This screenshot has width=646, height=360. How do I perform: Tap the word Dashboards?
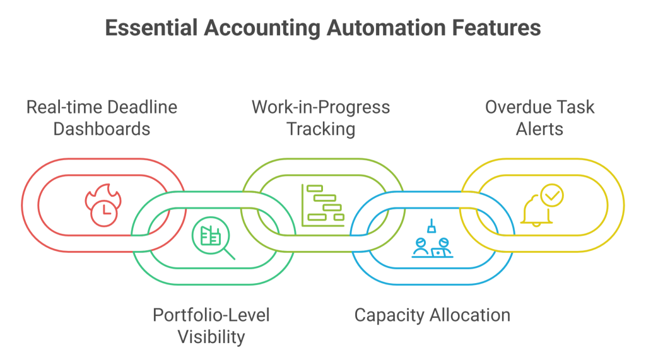coord(102,129)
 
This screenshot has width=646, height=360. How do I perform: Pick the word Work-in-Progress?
coord(320,107)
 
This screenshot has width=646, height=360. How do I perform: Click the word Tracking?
coord(320,129)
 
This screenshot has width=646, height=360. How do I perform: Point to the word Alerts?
coord(539,129)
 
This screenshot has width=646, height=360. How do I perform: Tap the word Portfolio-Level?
coord(211,315)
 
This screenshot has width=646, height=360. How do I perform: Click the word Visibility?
coord(211,337)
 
